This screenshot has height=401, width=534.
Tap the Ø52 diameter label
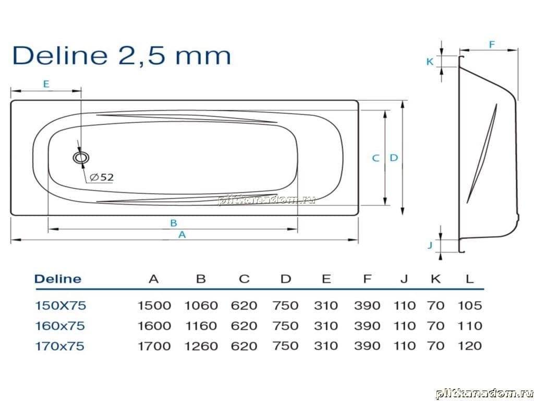(102, 178)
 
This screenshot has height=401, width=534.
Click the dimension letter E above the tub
(46, 84)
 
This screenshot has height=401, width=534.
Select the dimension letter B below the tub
(174, 223)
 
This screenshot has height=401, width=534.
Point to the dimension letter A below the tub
(182, 234)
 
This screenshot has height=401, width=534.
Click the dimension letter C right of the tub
(375, 158)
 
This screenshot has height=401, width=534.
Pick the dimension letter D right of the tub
(394, 158)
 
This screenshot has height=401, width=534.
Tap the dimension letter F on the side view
(492, 45)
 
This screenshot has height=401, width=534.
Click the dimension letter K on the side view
(430, 62)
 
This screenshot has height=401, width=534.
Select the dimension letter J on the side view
(430, 245)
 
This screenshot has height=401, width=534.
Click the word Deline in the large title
(59, 55)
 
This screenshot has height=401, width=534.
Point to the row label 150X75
(60, 305)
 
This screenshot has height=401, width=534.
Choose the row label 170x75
(59, 346)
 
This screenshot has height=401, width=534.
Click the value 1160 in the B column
(201, 326)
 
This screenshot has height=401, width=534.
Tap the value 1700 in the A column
(154, 346)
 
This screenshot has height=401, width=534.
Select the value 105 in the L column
(470, 305)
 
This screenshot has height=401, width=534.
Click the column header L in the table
(470, 279)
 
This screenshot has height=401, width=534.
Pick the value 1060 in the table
(201, 305)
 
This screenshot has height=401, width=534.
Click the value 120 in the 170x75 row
(470, 346)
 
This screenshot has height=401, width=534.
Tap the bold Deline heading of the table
(58, 279)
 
